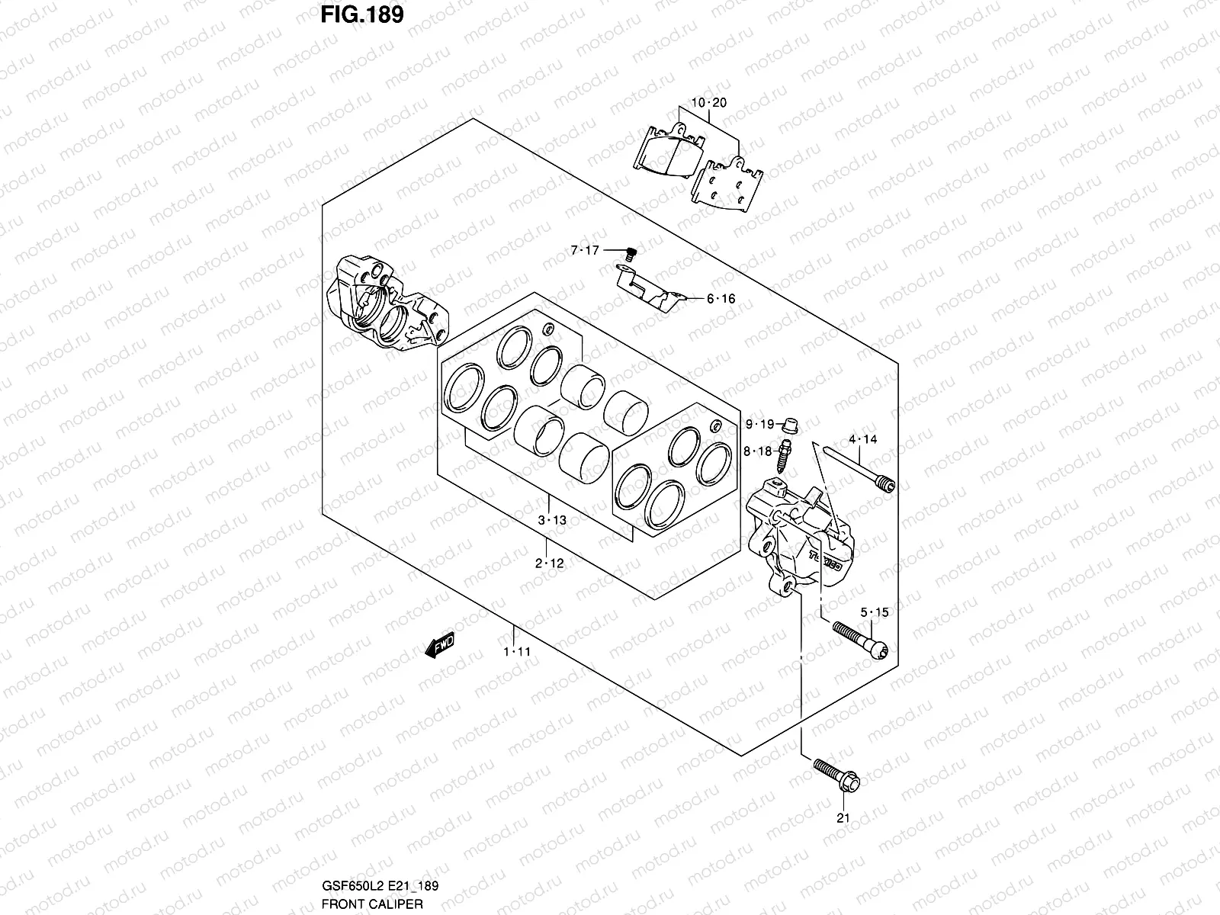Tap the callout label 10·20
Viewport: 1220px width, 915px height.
(x=709, y=103)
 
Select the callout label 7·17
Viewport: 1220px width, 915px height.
(x=586, y=250)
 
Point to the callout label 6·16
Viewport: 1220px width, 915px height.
(x=721, y=299)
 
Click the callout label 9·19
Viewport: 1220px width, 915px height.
(x=759, y=424)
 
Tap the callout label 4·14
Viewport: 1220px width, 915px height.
(x=862, y=439)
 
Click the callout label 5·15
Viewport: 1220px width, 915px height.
(x=875, y=612)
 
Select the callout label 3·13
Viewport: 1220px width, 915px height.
(x=552, y=520)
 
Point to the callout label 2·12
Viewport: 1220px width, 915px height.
(x=549, y=563)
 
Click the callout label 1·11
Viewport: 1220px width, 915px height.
(x=515, y=652)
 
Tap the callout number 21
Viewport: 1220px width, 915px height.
(x=843, y=819)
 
